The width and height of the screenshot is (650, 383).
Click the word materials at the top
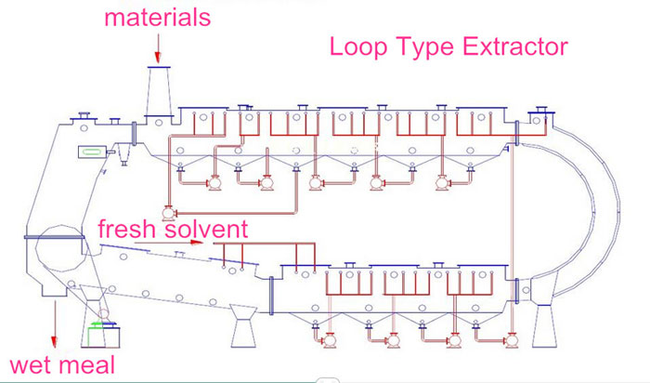(x=157, y=17)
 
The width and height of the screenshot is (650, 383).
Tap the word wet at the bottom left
(x=32, y=363)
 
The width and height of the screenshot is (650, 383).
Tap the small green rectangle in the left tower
(x=94, y=152)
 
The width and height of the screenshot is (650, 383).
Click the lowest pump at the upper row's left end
(x=168, y=213)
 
